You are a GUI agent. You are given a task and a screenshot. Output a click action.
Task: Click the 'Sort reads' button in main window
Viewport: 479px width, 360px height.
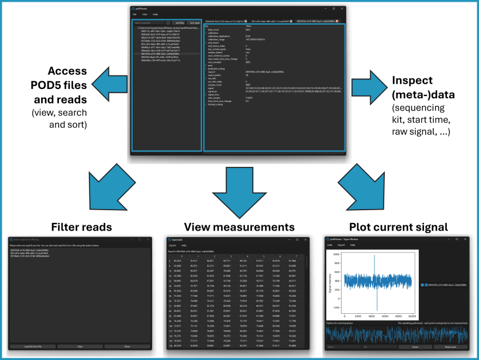(194, 23)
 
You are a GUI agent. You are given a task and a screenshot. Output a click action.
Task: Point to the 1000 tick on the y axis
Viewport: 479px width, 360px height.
(337, 255)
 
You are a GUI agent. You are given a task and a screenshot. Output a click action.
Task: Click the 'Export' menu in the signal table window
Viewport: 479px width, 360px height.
(173, 245)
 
